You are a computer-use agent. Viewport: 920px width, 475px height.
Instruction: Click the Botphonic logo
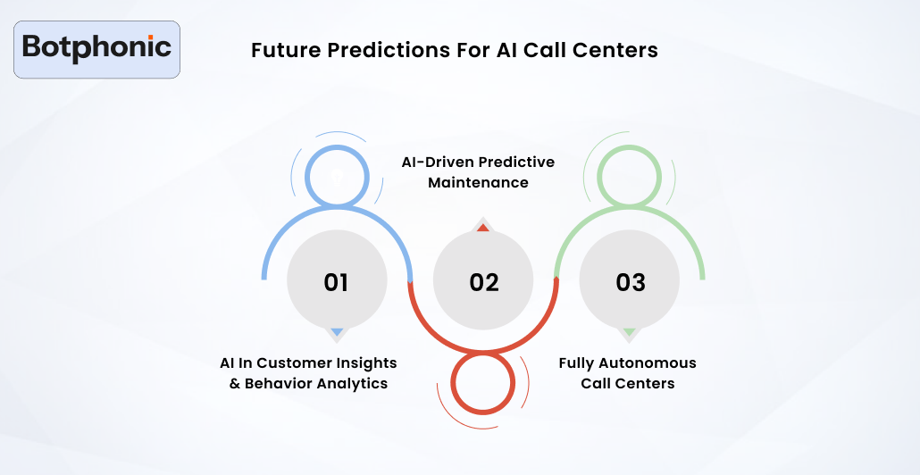pyautogui.click(x=97, y=48)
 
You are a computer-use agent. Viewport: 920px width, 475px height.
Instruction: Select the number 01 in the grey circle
pyautogui.click(x=336, y=282)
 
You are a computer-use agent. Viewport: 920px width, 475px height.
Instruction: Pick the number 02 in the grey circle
pyautogui.click(x=483, y=282)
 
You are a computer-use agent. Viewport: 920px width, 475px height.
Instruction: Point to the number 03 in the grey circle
pyautogui.click(x=630, y=282)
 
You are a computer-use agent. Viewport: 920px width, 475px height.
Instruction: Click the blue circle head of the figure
pyautogui.click(x=336, y=175)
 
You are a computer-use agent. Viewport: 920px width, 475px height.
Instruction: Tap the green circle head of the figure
pyautogui.click(x=630, y=175)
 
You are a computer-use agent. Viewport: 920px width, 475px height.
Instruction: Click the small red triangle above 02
pyautogui.click(x=483, y=228)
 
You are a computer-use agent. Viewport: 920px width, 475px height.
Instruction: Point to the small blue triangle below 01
pyautogui.click(x=337, y=332)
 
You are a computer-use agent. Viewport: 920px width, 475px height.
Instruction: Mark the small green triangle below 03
pyautogui.click(x=630, y=332)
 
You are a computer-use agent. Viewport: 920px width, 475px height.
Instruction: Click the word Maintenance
pyautogui.click(x=478, y=183)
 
